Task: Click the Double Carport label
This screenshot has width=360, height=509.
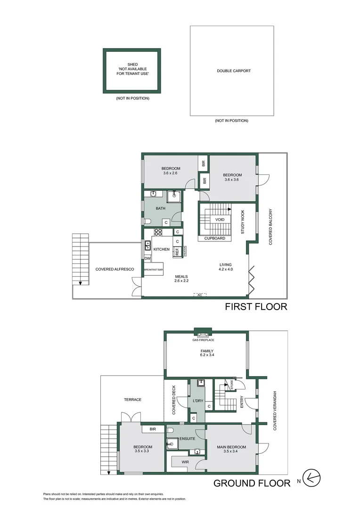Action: [234, 71]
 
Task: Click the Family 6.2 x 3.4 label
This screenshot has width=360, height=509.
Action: [207, 353]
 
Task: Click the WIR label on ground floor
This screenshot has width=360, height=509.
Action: [185, 462]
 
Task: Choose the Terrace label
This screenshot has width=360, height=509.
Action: [133, 400]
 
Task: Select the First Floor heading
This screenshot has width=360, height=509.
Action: [256, 307]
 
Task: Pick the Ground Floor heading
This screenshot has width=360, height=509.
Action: [252, 483]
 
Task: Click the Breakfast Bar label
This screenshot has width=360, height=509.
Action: [154, 270]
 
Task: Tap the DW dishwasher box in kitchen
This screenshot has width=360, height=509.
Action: [147, 258]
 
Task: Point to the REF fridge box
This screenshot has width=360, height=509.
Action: [177, 252]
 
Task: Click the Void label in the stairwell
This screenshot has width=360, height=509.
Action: [220, 220]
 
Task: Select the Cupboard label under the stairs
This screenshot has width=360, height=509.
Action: [214, 238]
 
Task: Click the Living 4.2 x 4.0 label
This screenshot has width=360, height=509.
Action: [226, 266]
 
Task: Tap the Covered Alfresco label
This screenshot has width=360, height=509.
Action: [115, 269]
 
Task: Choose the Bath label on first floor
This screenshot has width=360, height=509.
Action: [161, 208]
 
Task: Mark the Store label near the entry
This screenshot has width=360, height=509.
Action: [231, 386]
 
